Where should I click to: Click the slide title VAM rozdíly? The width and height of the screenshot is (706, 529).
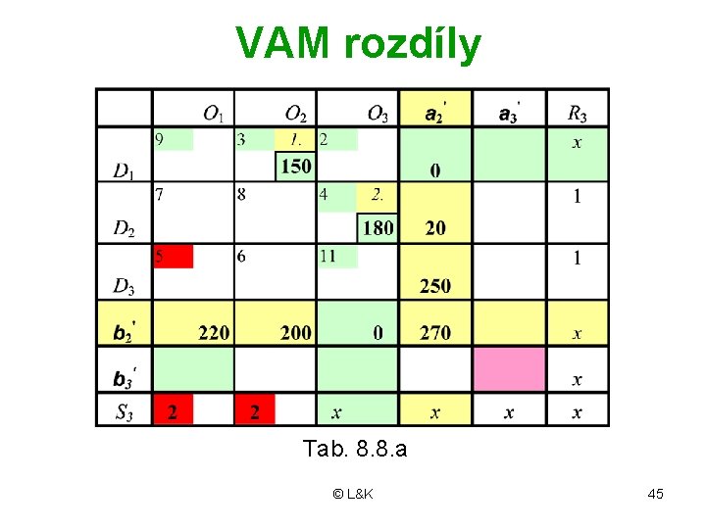(358, 44)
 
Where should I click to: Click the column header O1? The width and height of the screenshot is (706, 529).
(213, 114)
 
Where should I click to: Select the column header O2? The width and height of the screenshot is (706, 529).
(295, 114)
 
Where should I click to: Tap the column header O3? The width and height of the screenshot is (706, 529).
(378, 114)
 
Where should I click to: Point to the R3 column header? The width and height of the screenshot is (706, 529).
(577, 114)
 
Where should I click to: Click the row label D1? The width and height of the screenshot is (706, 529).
(124, 172)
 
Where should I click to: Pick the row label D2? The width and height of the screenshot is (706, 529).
(124, 229)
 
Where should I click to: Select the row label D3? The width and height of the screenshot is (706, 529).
(124, 286)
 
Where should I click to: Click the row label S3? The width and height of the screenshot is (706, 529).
(124, 412)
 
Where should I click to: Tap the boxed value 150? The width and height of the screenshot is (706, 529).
(295, 167)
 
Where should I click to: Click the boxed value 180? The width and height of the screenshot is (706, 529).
(378, 228)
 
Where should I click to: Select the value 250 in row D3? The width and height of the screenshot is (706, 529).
(435, 286)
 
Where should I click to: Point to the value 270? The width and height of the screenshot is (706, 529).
(435, 333)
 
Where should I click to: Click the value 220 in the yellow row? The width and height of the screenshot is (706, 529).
(213, 333)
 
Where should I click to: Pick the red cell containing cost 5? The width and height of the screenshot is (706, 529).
(173, 257)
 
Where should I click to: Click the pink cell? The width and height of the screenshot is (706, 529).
(509, 368)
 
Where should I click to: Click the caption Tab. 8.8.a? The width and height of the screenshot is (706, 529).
(355, 450)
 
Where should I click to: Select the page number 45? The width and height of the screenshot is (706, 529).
(656, 494)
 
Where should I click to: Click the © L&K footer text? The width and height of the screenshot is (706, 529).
(353, 494)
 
